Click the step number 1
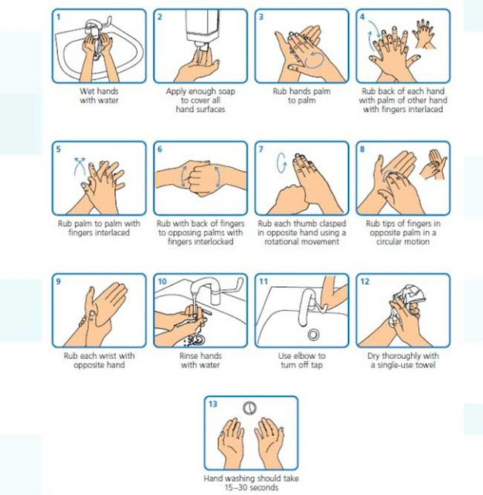point(59,17)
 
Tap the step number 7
point(261,149)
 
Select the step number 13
point(213,404)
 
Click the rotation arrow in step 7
point(281,163)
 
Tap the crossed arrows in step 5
point(80,166)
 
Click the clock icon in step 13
point(250,408)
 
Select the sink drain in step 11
point(313,335)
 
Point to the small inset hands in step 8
point(434,164)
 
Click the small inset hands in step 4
point(424,34)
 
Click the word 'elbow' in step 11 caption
point(302,356)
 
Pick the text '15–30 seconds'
point(251,487)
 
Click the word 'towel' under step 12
point(426,365)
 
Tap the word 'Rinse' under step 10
point(189,356)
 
